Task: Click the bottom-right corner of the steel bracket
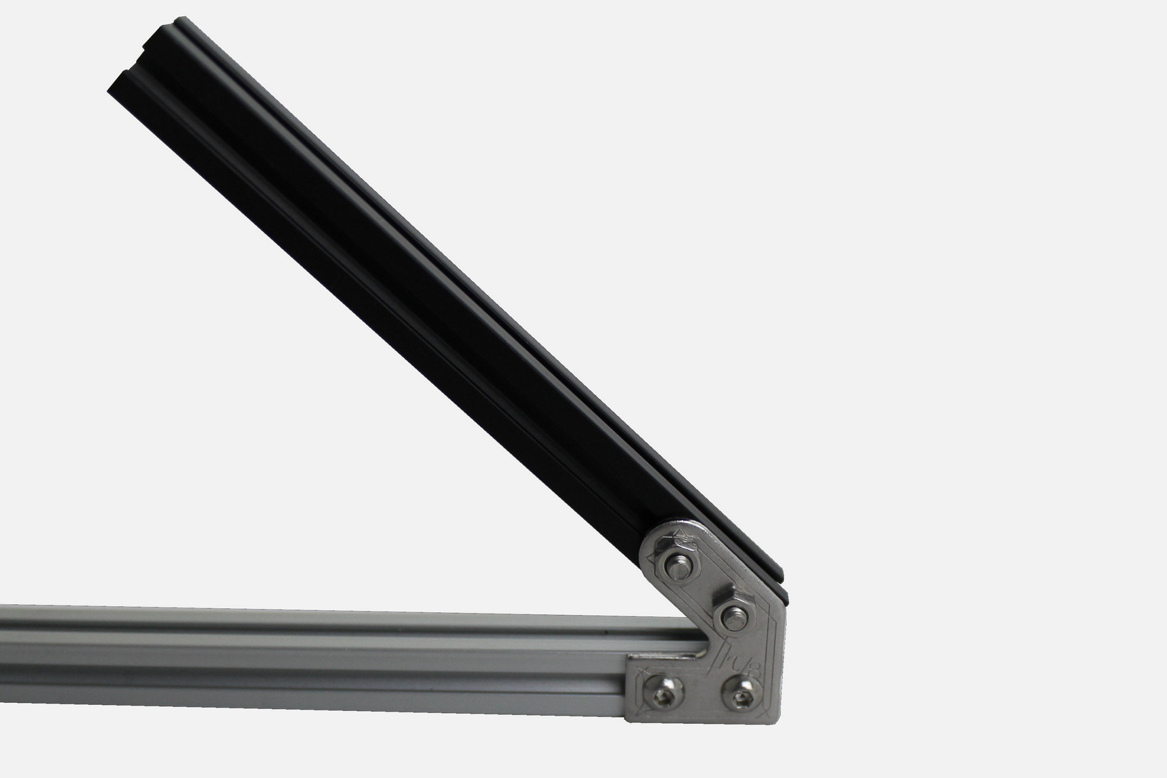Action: pyautogui.click(x=781, y=720)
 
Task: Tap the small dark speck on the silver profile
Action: pyautogui.click(x=599, y=634)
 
